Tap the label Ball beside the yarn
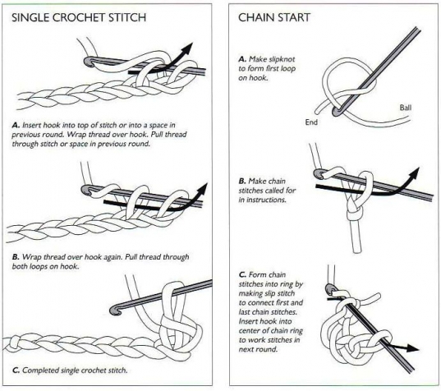(406, 108)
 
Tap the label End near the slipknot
(311, 122)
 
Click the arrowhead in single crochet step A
(187, 48)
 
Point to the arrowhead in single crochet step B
(203, 188)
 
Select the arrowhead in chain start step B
(414, 172)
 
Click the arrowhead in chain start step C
(413, 348)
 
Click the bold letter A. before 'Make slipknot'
(242, 59)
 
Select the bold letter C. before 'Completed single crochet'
(16, 370)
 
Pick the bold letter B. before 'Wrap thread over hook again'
(16, 257)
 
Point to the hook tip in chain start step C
(330, 289)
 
